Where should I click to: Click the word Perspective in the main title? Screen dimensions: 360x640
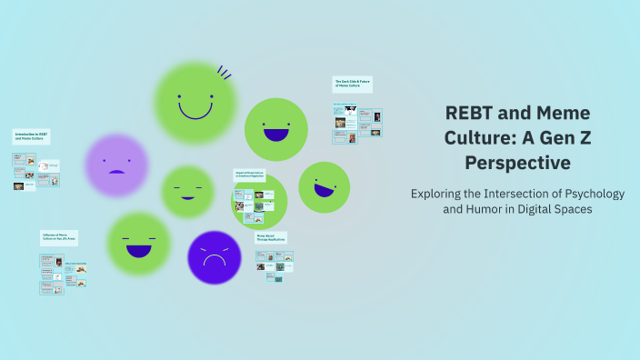click(x=517, y=163)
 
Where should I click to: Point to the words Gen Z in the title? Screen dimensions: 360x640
click(x=561, y=138)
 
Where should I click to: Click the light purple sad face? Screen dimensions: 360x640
click(x=116, y=165)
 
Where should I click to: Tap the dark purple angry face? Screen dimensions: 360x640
click(x=214, y=257)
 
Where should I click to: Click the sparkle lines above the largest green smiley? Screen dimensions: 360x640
click(x=224, y=71)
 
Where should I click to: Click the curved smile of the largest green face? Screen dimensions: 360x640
click(x=195, y=112)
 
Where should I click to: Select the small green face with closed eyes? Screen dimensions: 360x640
click(x=187, y=192)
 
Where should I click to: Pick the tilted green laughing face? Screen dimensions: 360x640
click(x=324, y=186)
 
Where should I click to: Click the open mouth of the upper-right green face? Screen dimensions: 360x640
click(x=275, y=135)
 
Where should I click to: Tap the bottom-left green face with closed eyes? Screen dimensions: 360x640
click(x=138, y=244)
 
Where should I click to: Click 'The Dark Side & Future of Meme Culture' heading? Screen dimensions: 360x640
click(x=353, y=84)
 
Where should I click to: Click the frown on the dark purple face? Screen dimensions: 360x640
click(x=214, y=261)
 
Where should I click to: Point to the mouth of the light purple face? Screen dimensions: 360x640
click(x=116, y=171)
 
